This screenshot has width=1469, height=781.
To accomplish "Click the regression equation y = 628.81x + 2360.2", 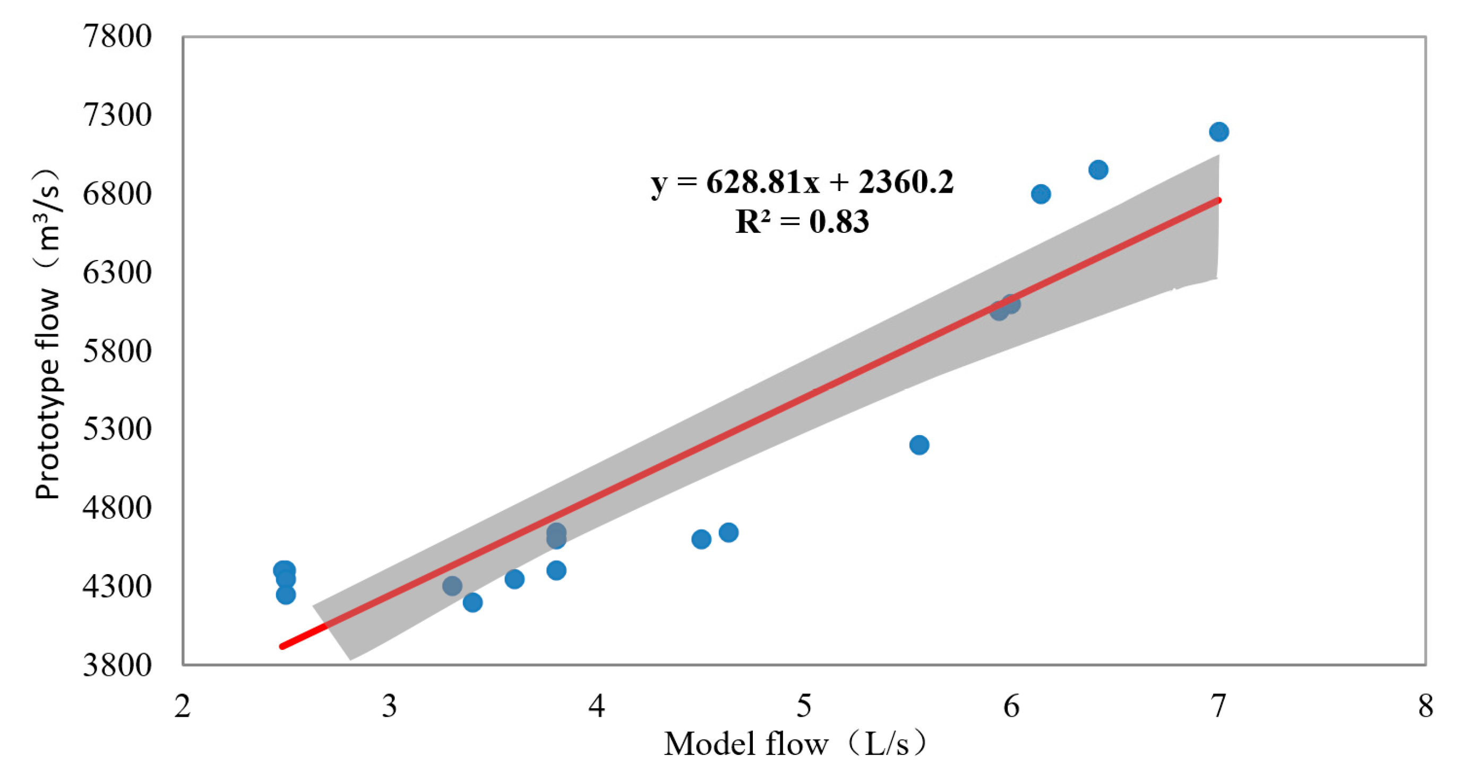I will (802, 183).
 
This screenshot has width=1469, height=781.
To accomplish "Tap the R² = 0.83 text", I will (802, 222).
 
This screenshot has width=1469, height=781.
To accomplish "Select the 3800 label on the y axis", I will (117, 665).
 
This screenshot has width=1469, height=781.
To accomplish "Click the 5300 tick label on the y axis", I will (117, 429).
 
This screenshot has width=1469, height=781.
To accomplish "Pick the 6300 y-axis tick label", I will (117, 272).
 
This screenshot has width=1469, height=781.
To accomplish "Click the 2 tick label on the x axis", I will (183, 706).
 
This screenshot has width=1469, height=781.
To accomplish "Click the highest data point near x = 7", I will (1218, 132).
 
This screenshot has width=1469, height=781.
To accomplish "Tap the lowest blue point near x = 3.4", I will (473, 602).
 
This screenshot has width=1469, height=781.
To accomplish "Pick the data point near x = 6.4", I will (1098, 169).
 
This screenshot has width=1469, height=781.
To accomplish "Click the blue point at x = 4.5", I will (701, 539).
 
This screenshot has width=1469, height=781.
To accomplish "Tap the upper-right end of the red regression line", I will (1218, 200).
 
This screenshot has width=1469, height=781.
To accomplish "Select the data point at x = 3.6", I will (514, 579).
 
